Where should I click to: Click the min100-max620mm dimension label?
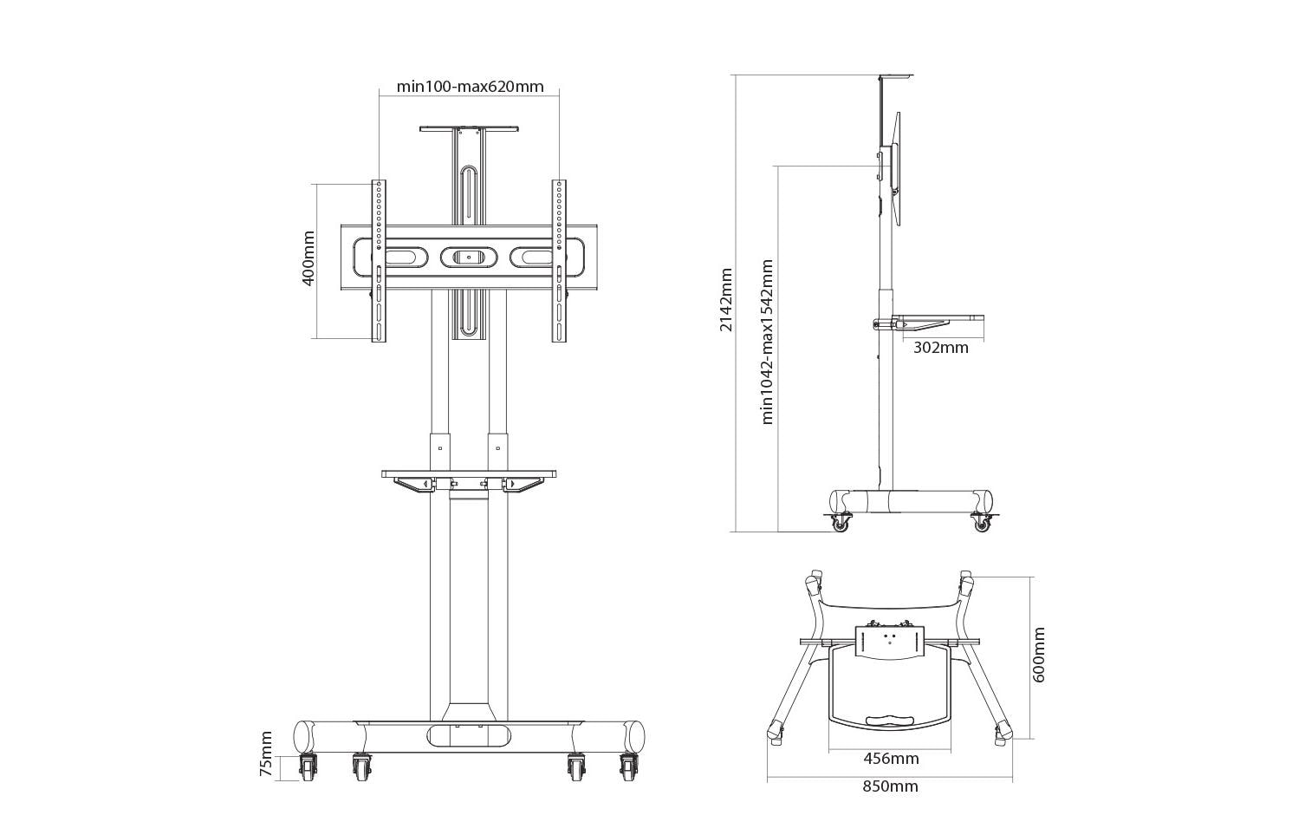pyautogui.click(x=470, y=86)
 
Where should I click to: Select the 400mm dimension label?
pyautogui.click(x=308, y=259)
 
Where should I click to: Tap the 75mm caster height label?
pyautogui.click(x=267, y=753)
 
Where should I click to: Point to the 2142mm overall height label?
pyautogui.click(x=726, y=299)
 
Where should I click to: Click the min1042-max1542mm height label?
pyautogui.click(x=767, y=342)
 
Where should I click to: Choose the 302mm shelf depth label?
pyautogui.click(x=940, y=348)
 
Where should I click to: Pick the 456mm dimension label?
pyautogui.click(x=891, y=759)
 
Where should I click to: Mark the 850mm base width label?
pyautogui.click(x=890, y=786)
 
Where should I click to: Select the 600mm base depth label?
pyautogui.click(x=1039, y=656)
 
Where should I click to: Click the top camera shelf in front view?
pyautogui.click(x=469, y=129)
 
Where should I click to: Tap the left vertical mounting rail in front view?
pyautogui.click(x=379, y=260)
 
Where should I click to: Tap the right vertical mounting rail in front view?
pyautogui.click(x=559, y=260)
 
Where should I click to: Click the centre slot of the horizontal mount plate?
pyautogui.click(x=469, y=257)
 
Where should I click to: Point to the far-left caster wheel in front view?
pyautogui.click(x=308, y=768)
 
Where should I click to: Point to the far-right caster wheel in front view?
pyautogui.click(x=629, y=768)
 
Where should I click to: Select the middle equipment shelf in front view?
pyautogui.click(x=469, y=474)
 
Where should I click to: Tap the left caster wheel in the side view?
pyautogui.click(x=840, y=523)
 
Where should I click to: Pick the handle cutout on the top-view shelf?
pyautogui.click(x=890, y=718)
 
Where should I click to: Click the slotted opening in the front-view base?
pyautogui.click(x=469, y=735)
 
